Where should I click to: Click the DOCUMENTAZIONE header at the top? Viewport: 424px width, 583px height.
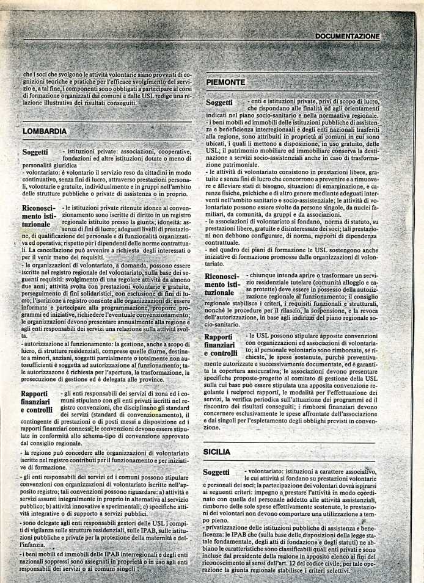pos(348,37)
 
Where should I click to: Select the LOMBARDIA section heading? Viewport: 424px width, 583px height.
pos(45,131)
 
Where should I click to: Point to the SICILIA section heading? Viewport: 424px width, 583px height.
pos(217,452)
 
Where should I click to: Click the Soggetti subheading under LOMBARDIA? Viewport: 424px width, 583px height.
pos(39,151)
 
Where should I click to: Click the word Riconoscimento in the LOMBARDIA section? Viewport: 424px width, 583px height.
pos(39,209)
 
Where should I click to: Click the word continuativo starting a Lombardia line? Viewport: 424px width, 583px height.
pos(42,180)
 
